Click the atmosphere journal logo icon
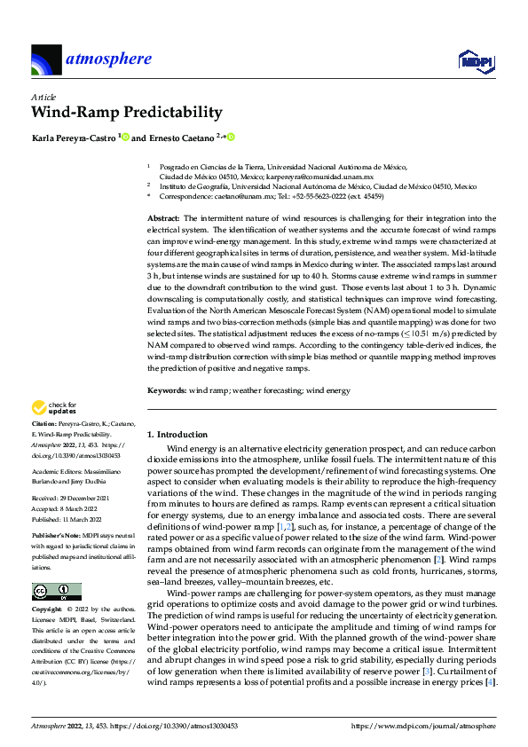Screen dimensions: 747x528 pyautogui.click(x=46, y=60)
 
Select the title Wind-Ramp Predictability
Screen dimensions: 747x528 pyautogui.click(x=126, y=112)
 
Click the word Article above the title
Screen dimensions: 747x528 pyautogui.click(x=43, y=96)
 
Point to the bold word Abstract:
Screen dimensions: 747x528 pyautogui.click(x=163, y=218)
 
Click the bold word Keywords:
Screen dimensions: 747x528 pyautogui.click(x=166, y=390)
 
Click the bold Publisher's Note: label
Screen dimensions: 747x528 pyautogui.click(x=55, y=535)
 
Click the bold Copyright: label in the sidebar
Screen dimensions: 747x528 pyautogui.click(x=49, y=610)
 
